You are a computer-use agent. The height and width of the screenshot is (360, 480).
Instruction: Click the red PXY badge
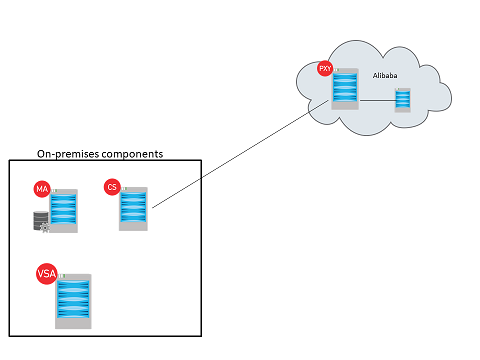[325, 68]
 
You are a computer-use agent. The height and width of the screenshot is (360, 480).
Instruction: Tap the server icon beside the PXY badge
[346, 91]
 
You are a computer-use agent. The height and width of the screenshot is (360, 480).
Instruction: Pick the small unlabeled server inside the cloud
[403, 100]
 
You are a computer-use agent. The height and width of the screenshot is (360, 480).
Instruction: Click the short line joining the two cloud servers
[377, 100]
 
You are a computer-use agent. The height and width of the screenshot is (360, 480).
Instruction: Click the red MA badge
[42, 189]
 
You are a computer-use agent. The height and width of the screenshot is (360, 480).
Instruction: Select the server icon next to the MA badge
[63, 210]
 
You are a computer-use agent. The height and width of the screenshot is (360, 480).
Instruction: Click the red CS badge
[112, 186]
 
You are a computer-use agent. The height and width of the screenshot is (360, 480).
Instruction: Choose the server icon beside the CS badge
[133, 209]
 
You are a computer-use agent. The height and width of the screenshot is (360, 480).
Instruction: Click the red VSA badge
[46, 273]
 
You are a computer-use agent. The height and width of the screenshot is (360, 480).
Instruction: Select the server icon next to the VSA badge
[74, 301]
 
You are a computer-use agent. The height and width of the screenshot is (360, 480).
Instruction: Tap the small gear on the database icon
[44, 228]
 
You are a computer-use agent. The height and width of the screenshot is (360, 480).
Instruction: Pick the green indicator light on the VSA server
[61, 275]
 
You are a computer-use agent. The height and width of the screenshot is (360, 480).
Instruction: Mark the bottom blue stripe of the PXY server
[346, 102]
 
